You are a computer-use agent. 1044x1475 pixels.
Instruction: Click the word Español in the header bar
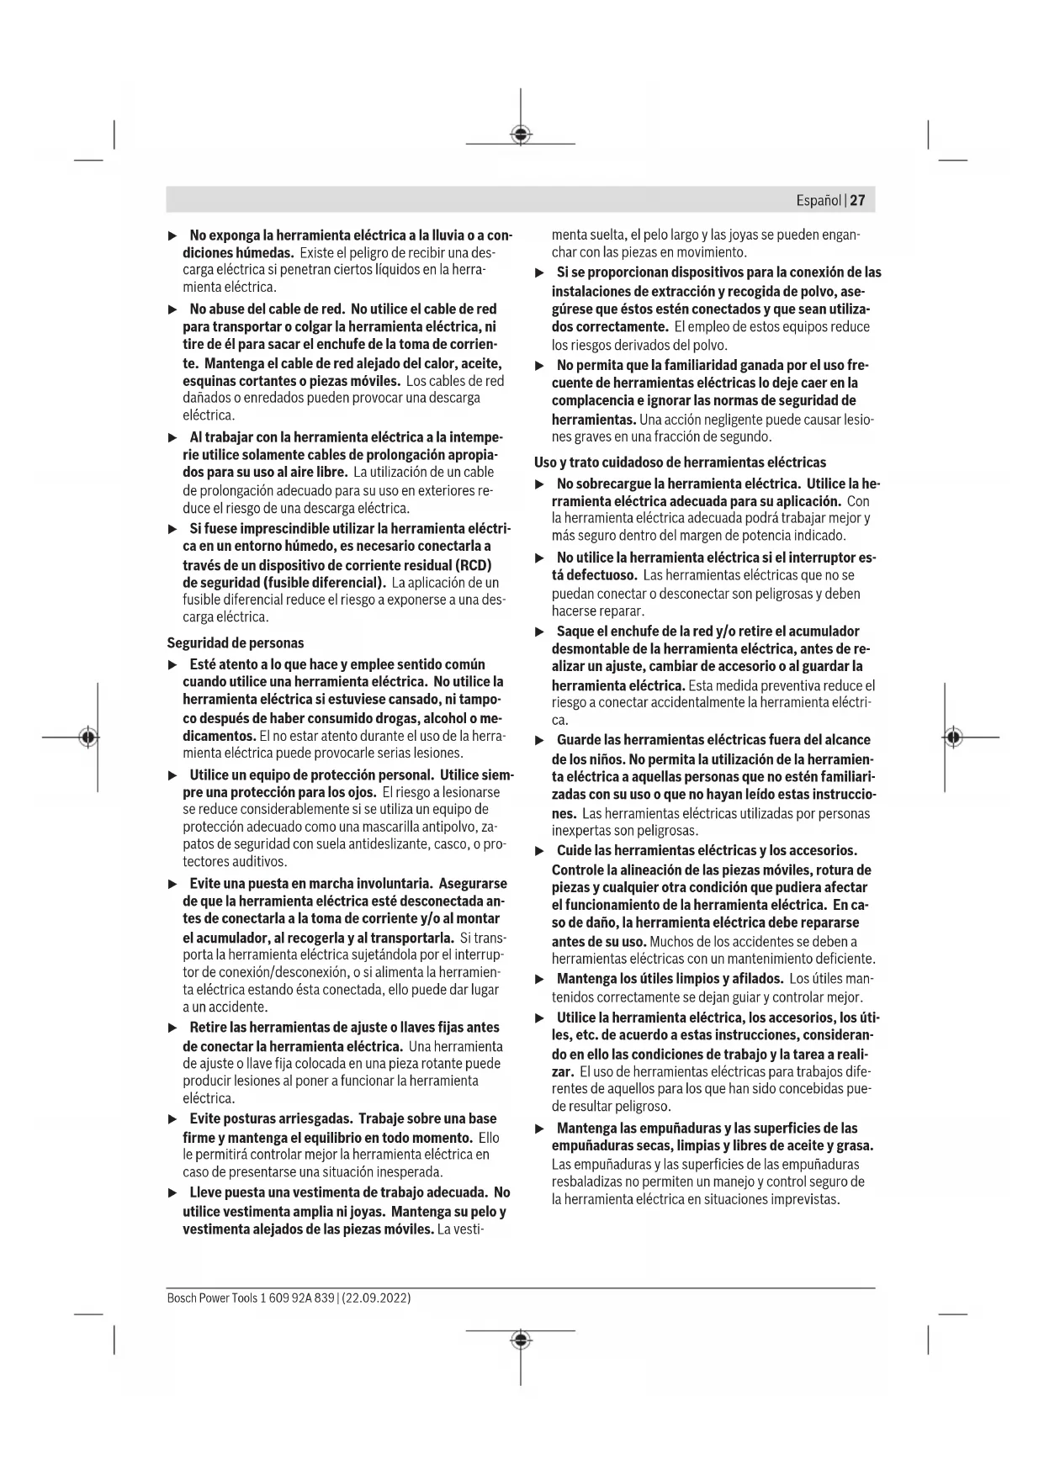(x=819, y=200)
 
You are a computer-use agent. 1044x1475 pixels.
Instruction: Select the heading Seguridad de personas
(x=236, y=643)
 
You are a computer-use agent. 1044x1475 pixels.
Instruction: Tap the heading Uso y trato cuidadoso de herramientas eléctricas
(x=680, y=463)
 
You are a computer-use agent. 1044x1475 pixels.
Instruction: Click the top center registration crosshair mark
(x=521, y=135)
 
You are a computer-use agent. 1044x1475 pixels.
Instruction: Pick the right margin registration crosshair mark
(x=952, y=737)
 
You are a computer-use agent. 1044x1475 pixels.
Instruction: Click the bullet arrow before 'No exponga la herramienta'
(x=172, y=235)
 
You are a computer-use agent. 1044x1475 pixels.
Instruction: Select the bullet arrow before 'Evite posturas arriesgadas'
(x=172, y=1119)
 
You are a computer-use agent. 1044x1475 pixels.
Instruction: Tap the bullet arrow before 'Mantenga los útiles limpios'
(x=540, y=980)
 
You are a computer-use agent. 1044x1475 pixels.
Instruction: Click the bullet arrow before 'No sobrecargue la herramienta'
(x=540, y=484)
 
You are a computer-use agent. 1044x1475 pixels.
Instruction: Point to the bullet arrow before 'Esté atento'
(x=172, y=665)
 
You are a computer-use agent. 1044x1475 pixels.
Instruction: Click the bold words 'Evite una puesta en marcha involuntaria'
(x=310, y=884)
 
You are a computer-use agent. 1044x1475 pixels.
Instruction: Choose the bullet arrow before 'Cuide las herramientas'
(x=540, y=851)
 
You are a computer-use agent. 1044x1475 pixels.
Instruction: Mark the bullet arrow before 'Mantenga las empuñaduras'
(x=540, y=1129)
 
